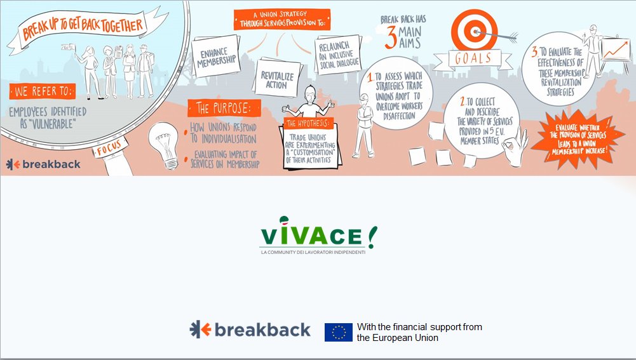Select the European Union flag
click(x=338, y=332)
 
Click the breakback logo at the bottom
click(x=250, y=330)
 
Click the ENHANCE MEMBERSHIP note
click(x=216, y=58)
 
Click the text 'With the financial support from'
click(x=419, y=327)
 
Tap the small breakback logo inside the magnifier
click(x=43, y=164)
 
